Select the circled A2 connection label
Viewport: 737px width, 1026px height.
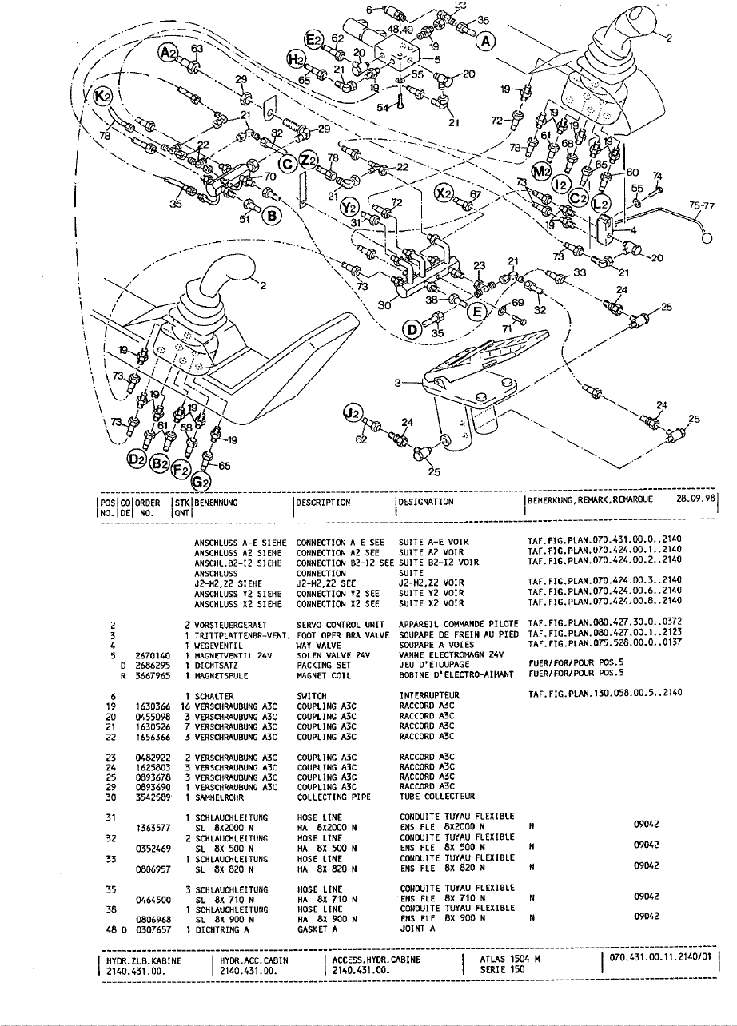pos(169,54)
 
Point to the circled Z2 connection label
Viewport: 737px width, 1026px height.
pos(309,160)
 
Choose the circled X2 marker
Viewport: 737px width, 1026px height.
pos(445,193)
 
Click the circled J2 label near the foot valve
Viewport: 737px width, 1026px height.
pos(351,412)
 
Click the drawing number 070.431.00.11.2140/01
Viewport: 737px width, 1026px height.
pos(659,957)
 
